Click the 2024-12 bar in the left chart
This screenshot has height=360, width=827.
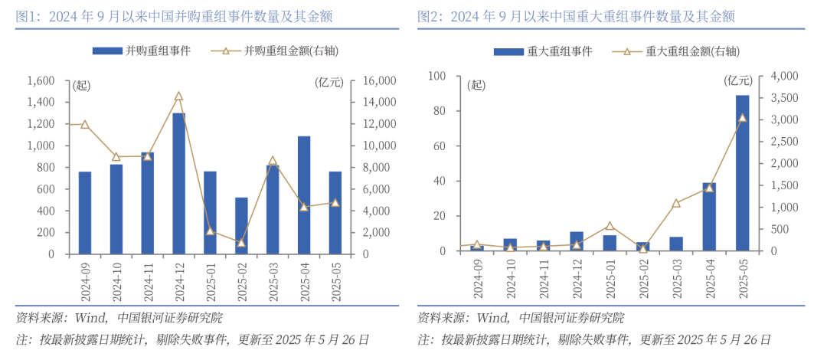click(x=178, y=184)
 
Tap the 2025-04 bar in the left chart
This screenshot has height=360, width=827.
click(x=304, y=195)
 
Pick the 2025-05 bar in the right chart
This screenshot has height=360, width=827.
click(x=742, y=173)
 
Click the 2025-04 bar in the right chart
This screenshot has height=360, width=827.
click(x=709, y=217)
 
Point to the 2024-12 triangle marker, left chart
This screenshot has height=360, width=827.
click(x=178, y=97)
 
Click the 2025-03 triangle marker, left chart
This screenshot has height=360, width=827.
click(x=273, y=161)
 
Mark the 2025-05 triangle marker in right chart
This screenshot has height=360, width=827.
click(x=742, y=117)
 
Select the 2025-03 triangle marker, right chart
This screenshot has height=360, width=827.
click(x=676, y=203)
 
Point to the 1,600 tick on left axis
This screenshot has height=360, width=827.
click(x=41, y=80)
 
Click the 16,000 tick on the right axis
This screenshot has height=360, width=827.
click(x=373, y=80)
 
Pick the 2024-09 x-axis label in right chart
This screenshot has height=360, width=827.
click(x=477, y=280)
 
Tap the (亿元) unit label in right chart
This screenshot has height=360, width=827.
click(x=738, y=80)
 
